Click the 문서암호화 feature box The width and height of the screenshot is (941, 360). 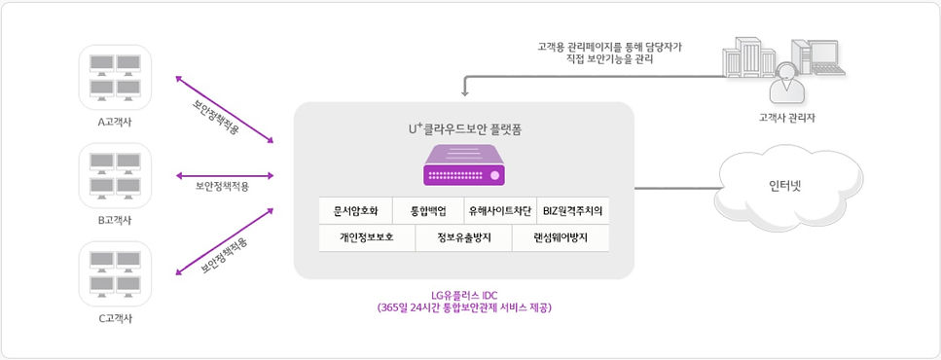(x=355, y=210)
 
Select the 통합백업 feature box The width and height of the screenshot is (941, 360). (x=428, y=210)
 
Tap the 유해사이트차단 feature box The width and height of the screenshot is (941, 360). (x=500, y=210)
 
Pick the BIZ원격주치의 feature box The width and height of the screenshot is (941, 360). (x=573, y=210)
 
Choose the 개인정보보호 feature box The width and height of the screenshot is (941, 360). (x=367, y=236)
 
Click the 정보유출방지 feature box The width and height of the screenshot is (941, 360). (x=463, y=236)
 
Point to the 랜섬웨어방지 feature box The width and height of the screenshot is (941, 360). (x=561, y=236)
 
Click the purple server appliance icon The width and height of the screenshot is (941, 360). (x=464, y=164)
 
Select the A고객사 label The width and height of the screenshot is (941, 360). (x=115, y=123)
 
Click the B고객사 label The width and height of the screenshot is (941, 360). (x=115, y=220)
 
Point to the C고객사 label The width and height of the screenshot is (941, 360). (x=115, y=316)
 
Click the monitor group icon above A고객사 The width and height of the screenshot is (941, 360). (x=115, y=77)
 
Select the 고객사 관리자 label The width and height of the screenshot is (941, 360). (x=786, y=118)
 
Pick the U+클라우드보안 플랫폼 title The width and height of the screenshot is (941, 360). (x=464, y=127)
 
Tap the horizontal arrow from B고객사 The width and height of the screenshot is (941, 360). (x=224, y=176)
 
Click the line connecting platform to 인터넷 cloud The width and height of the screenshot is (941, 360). (x=675, y=186)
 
